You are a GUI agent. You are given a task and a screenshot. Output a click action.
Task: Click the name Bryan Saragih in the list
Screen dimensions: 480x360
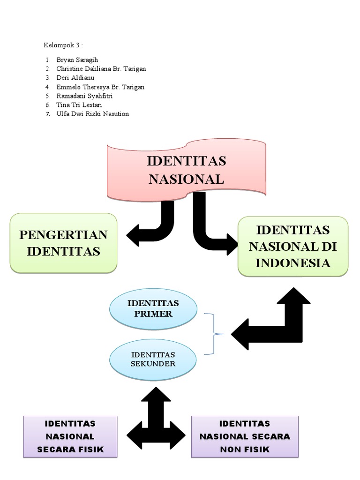coord(78,60)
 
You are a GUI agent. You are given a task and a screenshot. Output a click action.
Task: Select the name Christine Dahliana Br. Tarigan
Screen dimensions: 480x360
coord(101,69)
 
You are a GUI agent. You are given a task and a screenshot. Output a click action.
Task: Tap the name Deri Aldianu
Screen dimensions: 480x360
coord(76,78)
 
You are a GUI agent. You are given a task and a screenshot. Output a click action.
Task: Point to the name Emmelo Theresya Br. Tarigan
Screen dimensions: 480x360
coord(100,87)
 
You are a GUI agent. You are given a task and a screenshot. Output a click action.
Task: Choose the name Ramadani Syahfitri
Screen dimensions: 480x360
coord(84,96)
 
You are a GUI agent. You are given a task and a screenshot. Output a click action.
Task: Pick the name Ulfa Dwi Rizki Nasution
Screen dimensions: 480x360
coord(92,113)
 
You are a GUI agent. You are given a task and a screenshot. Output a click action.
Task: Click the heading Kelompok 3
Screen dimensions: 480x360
coord(63,45)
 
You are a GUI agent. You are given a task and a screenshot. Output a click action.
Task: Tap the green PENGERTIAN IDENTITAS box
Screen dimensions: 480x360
coord(64,243)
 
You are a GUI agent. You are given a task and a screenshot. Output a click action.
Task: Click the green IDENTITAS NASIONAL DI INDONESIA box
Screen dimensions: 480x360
coord(293,246)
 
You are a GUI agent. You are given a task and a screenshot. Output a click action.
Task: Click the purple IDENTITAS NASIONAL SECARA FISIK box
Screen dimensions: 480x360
coord(70,437)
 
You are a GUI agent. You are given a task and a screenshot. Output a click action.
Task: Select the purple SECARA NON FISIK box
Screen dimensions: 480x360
coord(245,437)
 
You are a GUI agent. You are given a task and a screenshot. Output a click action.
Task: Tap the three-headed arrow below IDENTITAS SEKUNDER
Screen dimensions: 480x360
coord(156,420)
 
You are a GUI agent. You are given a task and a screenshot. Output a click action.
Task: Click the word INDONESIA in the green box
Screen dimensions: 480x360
coord(293,263)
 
